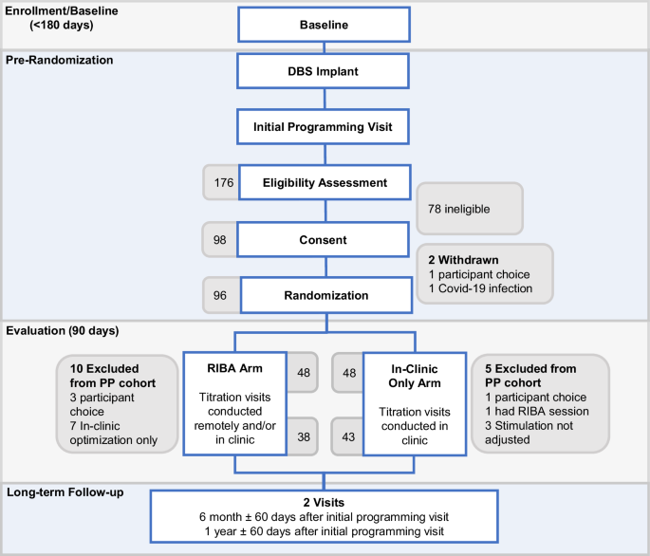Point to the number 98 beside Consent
coord(220,239)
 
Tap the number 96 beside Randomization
coord(220,295)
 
